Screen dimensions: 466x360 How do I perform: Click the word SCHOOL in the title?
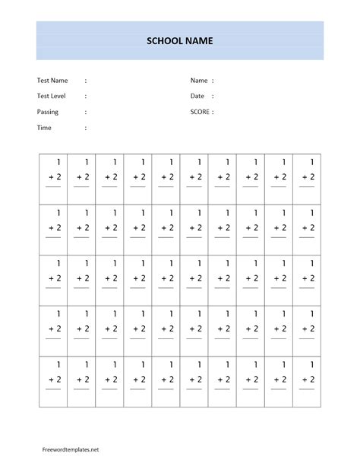164,41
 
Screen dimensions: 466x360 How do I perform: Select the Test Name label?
52,81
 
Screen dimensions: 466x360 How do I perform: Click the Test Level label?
52,96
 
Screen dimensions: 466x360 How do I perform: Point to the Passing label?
47,112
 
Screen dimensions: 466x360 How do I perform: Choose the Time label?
44,128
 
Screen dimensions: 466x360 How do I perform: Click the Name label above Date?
199,81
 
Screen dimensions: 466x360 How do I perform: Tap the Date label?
197,96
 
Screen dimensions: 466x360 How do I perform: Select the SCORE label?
200,112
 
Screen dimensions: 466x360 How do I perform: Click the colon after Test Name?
86,81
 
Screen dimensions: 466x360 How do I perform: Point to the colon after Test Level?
86,96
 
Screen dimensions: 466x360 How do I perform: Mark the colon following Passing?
86,112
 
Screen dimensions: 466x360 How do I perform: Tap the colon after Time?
86,128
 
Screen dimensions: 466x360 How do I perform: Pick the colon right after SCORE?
213,112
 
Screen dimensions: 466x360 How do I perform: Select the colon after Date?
213,96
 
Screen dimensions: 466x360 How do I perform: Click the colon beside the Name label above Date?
213,81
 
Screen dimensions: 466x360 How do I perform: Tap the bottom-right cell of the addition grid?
307,380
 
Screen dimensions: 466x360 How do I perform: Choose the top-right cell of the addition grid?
307,179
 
